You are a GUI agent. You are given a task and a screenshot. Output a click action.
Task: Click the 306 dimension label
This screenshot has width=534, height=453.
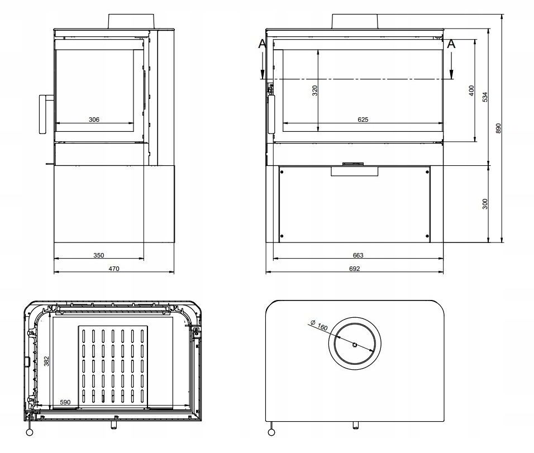(94, 119)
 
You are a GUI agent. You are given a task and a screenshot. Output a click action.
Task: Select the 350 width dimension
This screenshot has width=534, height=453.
(98, 255)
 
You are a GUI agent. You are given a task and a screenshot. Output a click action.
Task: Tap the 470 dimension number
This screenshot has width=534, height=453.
(114, 269)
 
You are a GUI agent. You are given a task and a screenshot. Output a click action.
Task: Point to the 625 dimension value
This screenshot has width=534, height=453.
(363, 119)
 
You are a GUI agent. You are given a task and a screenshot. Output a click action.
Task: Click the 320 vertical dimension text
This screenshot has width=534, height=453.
(314, 90)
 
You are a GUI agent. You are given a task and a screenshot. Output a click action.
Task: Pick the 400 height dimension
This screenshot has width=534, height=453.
(471, 90)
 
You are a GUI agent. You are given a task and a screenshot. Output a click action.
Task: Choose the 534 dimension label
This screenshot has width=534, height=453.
(485, 96)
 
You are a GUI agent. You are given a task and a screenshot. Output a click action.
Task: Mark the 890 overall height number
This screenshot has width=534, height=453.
(499, 128)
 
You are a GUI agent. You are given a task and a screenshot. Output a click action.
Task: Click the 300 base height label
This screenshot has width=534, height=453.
(485, 203)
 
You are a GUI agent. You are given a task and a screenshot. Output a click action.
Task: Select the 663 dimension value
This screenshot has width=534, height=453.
(358, 255)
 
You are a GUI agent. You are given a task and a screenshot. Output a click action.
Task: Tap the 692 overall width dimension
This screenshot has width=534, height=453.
(355, 269)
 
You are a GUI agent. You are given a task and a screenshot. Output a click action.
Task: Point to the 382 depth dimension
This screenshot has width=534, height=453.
(46, 361)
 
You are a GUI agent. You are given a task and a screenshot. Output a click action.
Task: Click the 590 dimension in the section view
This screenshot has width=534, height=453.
(66, 402)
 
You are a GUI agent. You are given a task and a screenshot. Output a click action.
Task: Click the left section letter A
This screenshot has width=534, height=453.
(263, 44)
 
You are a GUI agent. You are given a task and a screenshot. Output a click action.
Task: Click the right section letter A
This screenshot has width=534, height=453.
(451, 44)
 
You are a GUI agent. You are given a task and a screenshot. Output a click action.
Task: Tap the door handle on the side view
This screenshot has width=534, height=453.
(43, 114)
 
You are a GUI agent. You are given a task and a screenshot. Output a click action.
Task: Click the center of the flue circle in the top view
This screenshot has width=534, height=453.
(355, 344)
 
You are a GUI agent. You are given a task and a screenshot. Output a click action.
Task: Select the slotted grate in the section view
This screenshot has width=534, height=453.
(113, 366)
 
